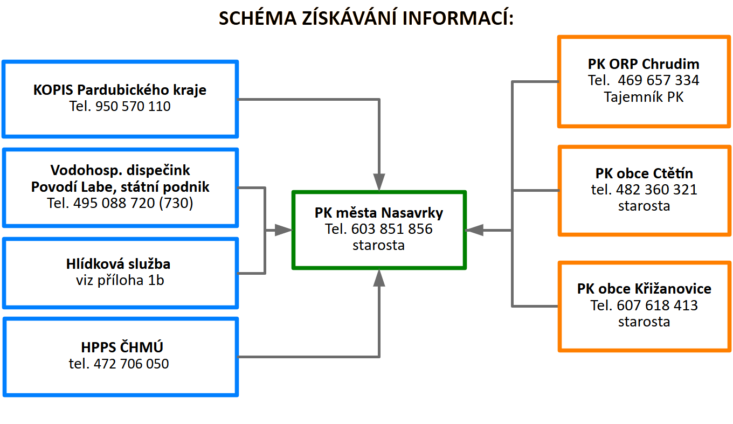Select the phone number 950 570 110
coord(132,106)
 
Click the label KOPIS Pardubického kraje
coord(120,89)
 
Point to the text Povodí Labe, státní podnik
coord(120,187)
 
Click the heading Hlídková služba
coord(119,264)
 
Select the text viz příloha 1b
coord(120,280)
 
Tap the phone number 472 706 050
coord(131,364)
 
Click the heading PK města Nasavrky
coord(379,212)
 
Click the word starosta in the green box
coord(379,245)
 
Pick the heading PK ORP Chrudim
coord(644,64)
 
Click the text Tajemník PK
coord(644,98)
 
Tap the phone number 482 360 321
coord(656,190)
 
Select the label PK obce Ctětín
coord(644,173)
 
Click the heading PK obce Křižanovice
coord(644,288)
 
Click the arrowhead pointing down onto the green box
coord(379,182)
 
